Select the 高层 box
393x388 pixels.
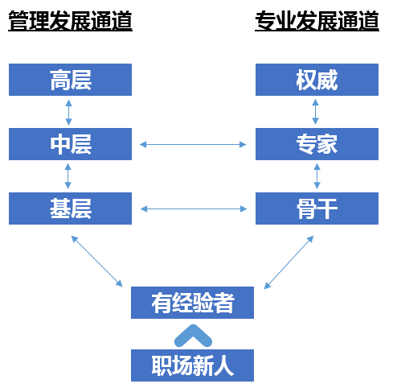(70, 80)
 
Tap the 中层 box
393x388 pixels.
(70, 144)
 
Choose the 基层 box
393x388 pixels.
(70, 208)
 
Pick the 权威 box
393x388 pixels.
(317, 80)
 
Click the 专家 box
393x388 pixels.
(317, 144)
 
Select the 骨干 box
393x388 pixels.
(317, 208)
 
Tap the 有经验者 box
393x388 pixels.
(193, 303)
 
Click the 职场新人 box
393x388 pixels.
(193, 365)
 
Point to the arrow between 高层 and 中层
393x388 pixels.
(68, 112)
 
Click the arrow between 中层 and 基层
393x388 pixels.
(68, 176)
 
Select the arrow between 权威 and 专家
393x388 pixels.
(316, 112)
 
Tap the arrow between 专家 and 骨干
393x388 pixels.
(316, 176)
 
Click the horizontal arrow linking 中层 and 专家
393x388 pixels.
(193, 145)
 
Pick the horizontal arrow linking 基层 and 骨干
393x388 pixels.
(193, 209)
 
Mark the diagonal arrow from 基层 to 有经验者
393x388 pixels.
(96, 261)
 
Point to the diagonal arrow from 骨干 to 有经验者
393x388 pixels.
(289, 261)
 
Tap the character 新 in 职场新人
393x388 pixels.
(203, 365)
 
